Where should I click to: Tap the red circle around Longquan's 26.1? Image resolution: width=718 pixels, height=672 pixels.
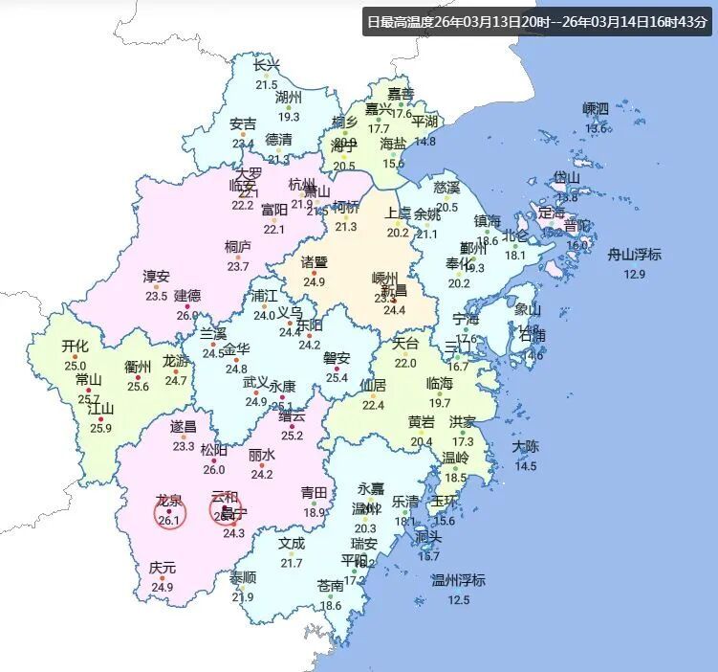[169, 512]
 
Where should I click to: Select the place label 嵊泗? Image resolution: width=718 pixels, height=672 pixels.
[596, 108]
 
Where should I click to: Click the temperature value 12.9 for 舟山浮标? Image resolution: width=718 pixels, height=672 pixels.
[635, 275]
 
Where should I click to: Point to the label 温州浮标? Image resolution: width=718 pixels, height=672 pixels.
[459, 580]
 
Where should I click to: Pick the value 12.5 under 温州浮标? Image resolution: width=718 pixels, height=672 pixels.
[459, 600]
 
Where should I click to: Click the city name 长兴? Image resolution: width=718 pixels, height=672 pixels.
[267, 65]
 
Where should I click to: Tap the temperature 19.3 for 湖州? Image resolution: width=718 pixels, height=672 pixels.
[289, 117]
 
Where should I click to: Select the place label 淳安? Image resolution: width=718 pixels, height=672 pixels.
[156, 277]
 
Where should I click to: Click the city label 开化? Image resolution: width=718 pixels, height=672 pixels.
[75, 346]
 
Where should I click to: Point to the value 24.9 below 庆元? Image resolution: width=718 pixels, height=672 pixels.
[162, 587]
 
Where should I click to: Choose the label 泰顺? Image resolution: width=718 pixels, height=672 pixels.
[243, 577]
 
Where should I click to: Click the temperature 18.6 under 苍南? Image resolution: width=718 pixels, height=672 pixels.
[331, 605]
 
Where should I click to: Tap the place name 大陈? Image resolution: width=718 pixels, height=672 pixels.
[526, 446]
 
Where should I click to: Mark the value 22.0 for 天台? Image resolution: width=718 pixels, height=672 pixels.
[406, 363]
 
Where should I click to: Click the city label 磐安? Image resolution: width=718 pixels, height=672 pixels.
[337, 358]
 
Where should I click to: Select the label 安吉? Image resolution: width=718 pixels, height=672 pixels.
[243, 124]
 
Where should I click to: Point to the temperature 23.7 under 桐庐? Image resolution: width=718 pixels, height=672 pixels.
[237, 266]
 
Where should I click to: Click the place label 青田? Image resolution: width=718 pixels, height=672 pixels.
[315, 493]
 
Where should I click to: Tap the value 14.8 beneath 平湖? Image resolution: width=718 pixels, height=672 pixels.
[424, 142]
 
